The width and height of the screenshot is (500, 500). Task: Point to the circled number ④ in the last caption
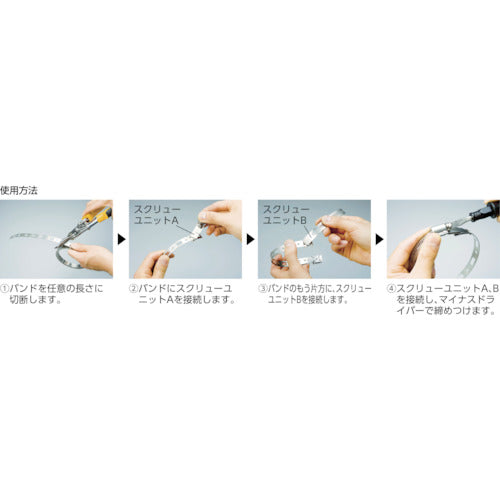392,285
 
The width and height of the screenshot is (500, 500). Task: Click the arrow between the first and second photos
122,240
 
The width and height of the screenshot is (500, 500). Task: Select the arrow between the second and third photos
249,240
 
